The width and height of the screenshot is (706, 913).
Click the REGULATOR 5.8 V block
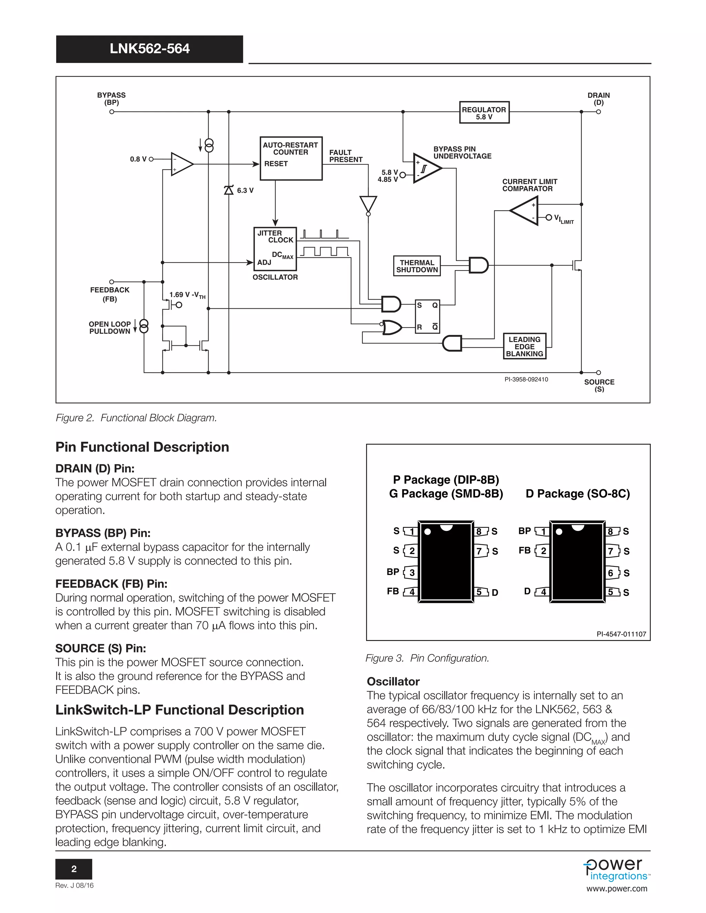click(x=484, y=112)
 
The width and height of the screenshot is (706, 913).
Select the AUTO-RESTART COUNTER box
click(x=291, y=158)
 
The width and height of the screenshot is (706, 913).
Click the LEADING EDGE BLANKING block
click(x=524, y=346)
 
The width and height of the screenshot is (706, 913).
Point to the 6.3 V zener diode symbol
click(x=228, y=190)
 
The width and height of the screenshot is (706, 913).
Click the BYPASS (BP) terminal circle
click(x=112, y=112)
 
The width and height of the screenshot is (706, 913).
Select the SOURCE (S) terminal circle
click(x=598, y=372)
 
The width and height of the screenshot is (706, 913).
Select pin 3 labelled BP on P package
click(x=411, y=572)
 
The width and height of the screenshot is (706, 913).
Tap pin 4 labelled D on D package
click(x=543, y=592)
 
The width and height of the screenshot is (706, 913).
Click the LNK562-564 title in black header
click(x=149, y=49)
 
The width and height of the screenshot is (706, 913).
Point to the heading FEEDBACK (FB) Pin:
click(x=111, y=584)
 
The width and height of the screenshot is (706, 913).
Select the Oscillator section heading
click(x=393, y=681)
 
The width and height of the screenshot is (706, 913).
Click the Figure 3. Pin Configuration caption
click(x=427, y=658)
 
